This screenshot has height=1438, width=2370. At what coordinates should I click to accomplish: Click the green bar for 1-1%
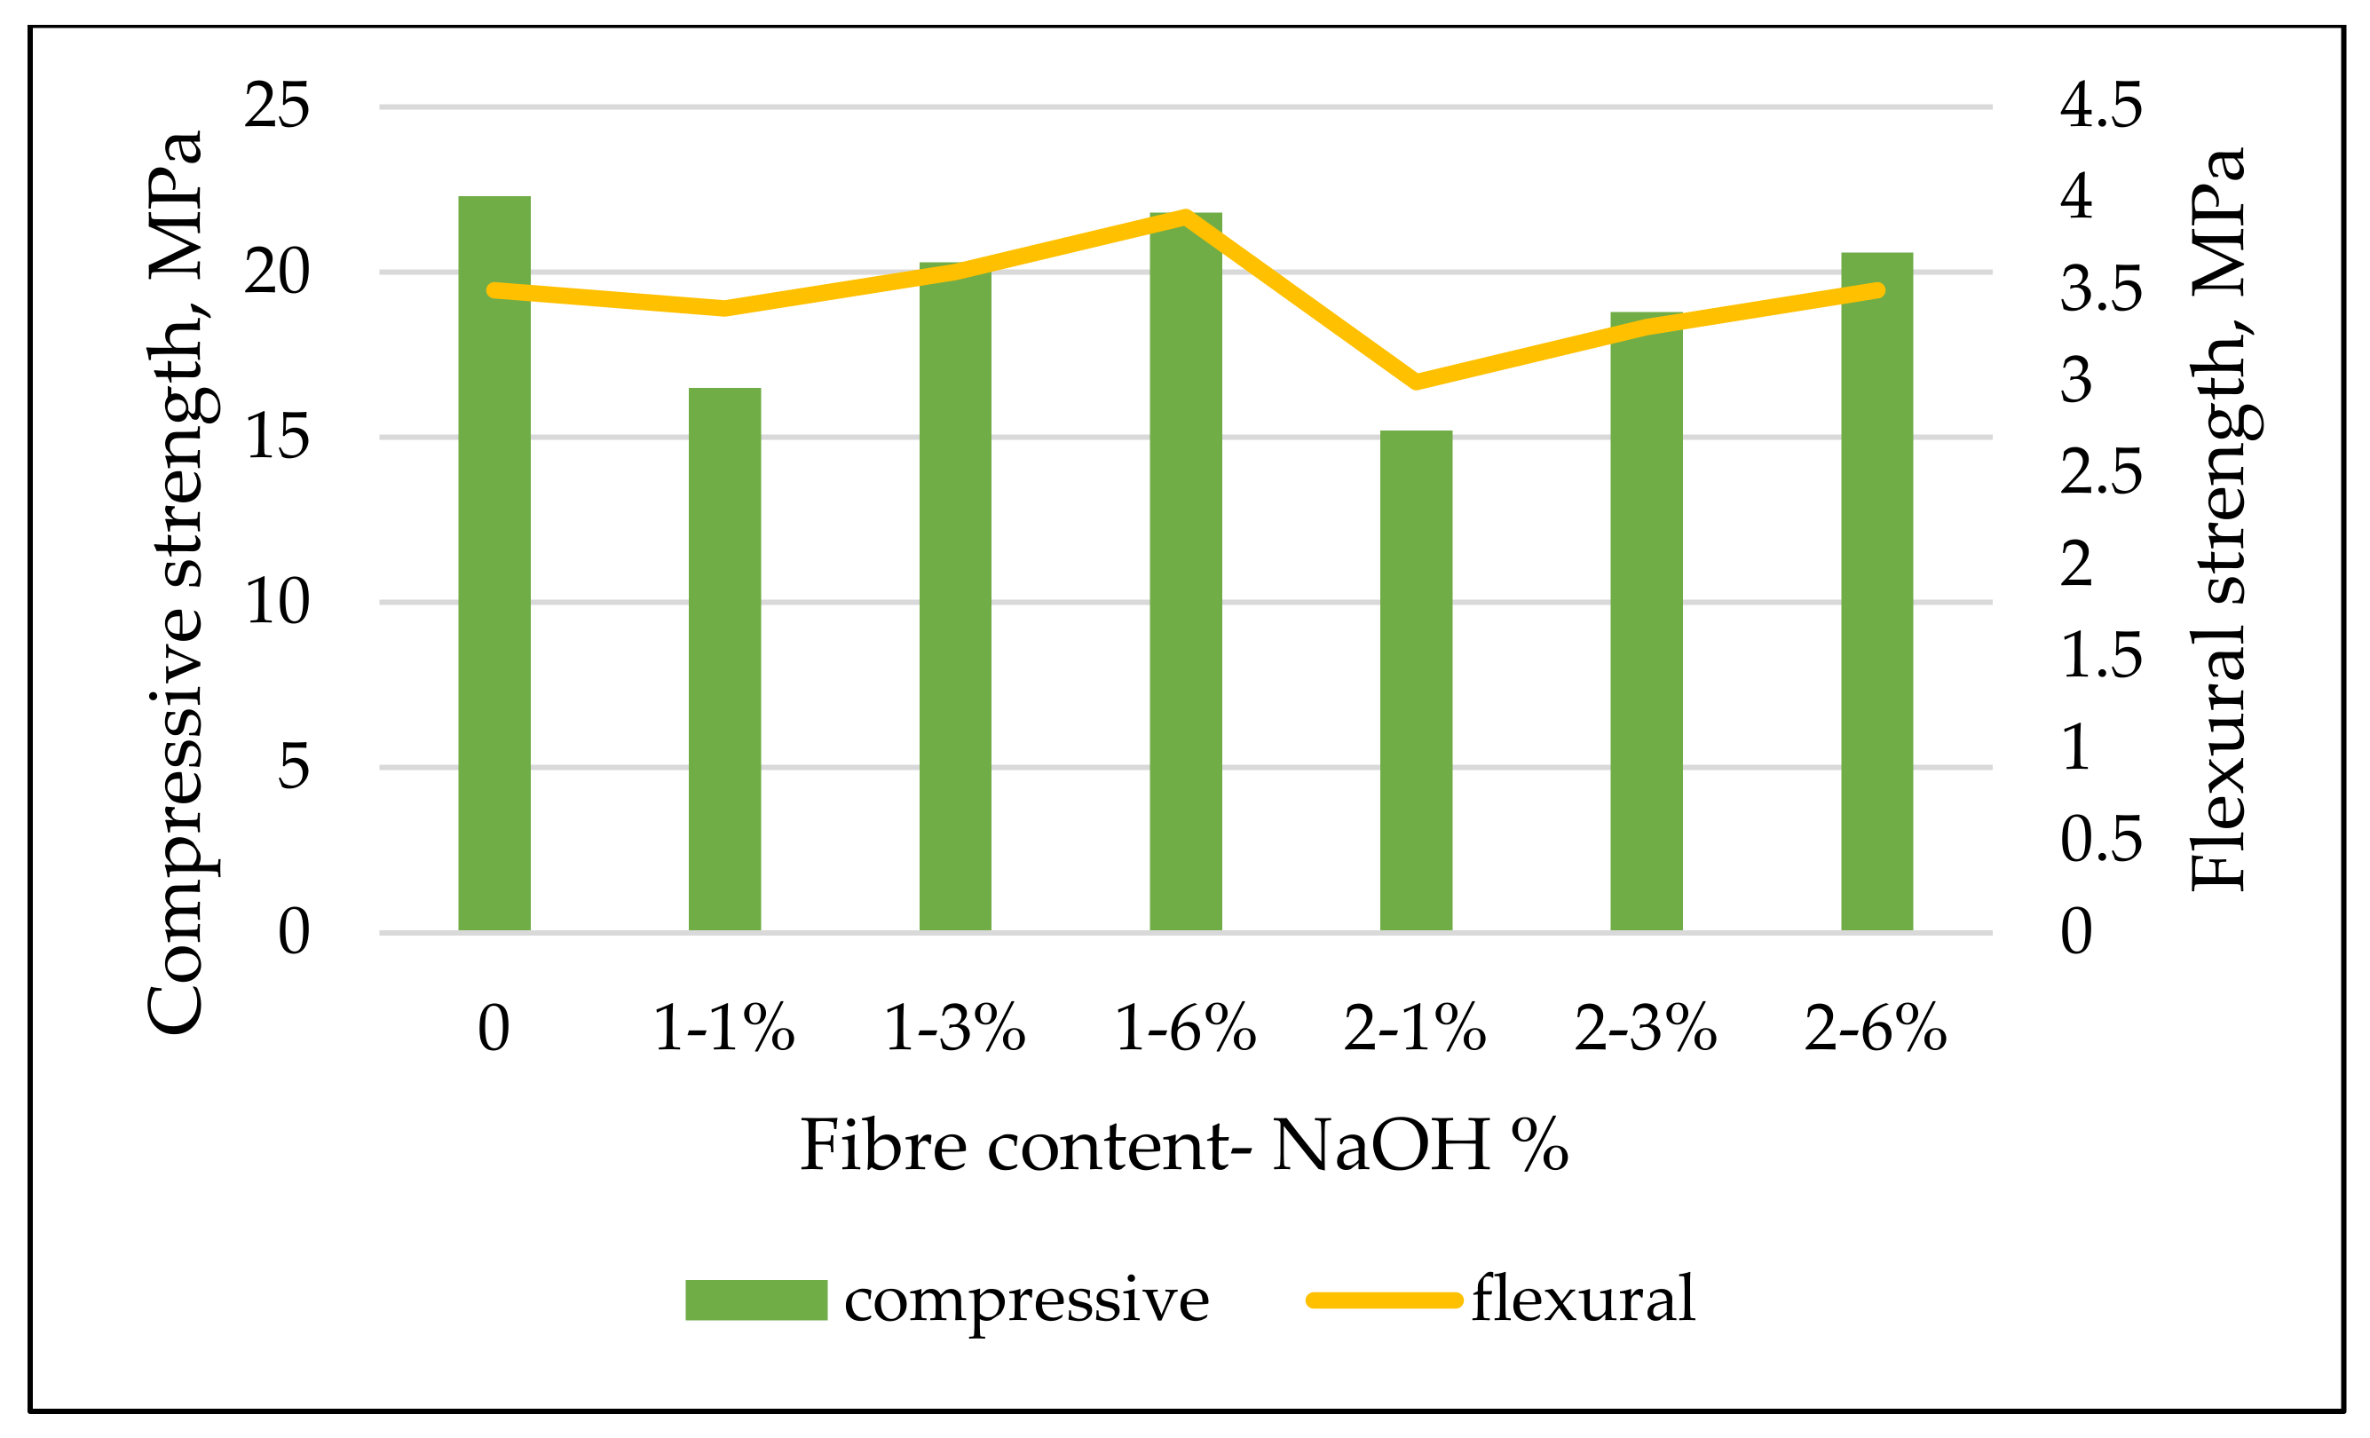tap(724, 659)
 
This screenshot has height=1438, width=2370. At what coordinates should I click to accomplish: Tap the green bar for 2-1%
tap(1416, 680)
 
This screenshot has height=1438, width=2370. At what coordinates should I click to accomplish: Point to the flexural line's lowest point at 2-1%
tap(1416, 382)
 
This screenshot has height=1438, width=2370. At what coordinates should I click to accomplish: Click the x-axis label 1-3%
tap(954, 1028)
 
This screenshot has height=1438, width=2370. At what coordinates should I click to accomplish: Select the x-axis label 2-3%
tap(1646, 1028)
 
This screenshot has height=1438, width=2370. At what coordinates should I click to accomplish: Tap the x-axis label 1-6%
tap(1185, 1028)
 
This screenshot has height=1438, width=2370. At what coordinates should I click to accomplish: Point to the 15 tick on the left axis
tap(277, 437)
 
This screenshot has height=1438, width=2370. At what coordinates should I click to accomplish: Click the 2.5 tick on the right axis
tap(2101, 472)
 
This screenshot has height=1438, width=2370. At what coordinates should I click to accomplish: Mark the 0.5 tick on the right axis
tap(2101, 840)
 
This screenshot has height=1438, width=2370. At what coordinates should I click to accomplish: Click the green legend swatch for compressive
tap(756, 1300)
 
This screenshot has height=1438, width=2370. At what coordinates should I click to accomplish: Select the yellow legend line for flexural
tap(1384, 1300)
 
